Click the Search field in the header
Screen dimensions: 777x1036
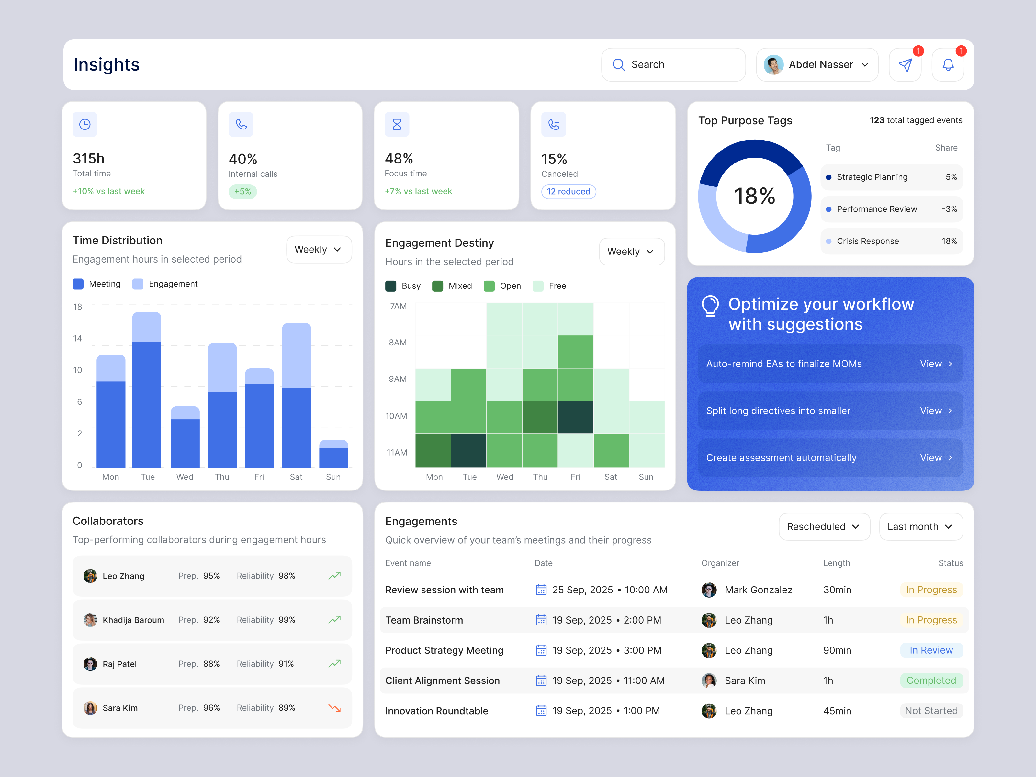click(673, 65)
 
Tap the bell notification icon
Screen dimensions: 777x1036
click(948, 65)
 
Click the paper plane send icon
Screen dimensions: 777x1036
click(905, 65)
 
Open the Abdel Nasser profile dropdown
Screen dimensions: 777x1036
click(817, 65)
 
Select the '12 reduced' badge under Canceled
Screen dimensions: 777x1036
click(568, 192)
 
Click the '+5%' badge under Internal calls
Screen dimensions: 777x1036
click(242, 192)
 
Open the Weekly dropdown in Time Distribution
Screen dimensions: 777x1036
click(319, 249)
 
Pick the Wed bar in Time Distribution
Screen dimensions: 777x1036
click(185, 438)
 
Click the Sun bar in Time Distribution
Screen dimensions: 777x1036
click(333, 454)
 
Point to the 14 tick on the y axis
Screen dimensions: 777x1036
click(77, 338)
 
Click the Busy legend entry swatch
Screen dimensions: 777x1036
click(391, 286)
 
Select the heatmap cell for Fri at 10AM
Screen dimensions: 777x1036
click(576, 417)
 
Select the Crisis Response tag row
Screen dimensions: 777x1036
click(891, 241)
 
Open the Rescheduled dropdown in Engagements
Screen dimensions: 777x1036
click(824, 526)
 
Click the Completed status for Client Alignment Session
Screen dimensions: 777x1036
click(931, 681)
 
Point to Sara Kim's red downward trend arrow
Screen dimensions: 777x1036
click(334, 708)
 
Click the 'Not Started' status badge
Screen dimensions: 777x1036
click(931, 711)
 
